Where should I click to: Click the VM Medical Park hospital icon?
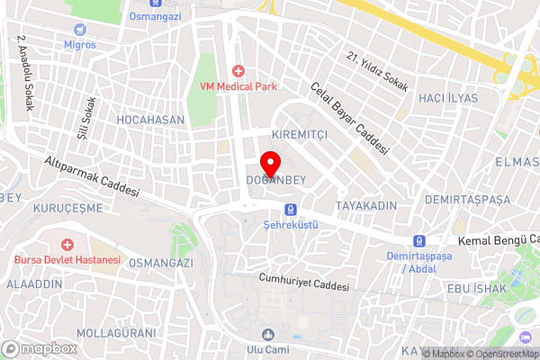(238, 70)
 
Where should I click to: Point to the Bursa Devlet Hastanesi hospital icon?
(67, 244)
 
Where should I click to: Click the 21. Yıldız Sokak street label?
(377, 71)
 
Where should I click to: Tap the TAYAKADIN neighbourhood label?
(366, 206)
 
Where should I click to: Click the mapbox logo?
(39, 348)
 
